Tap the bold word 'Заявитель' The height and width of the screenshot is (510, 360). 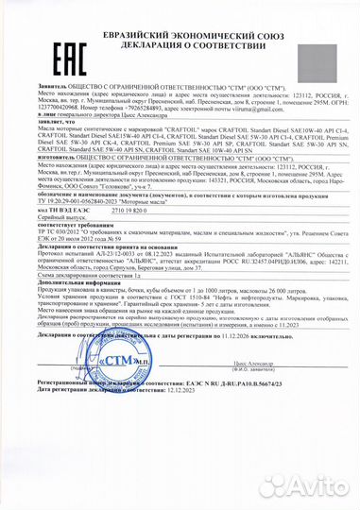pos(27,56)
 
